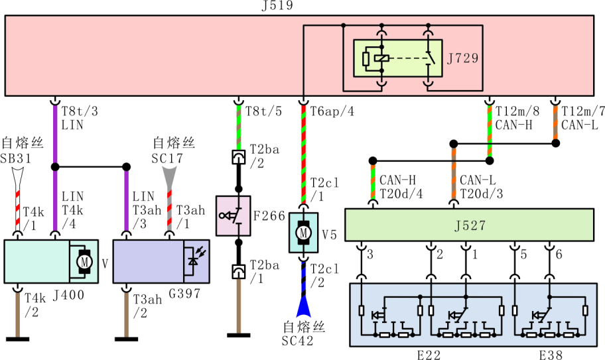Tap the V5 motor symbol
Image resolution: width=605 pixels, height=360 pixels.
coord(303,233)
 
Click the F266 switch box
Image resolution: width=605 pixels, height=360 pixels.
coord(233,215)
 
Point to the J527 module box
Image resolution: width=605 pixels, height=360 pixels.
coord(468,225)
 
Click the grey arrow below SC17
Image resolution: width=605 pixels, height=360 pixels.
coord(170,174)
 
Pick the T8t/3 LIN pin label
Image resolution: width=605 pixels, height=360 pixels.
coord(72,119)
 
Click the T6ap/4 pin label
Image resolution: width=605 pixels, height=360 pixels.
coord(332,111)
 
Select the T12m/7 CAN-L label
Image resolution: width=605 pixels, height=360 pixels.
coord(579,119)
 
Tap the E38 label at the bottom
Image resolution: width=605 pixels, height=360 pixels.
coord(551,355)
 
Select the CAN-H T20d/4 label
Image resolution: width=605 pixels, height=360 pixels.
coord(401,186)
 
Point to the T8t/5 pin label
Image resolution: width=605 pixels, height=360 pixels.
coord(264,111)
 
